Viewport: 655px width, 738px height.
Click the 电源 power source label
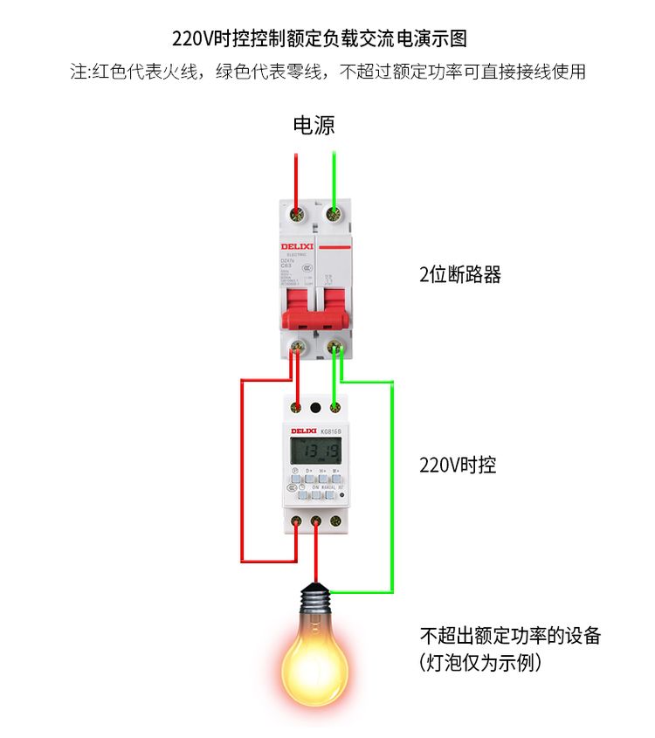coord(314,126)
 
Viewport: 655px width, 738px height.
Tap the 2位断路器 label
coord(460,275)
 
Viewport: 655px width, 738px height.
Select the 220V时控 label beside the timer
coord(458,466)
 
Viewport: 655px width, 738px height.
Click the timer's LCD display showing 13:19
coord(314,452)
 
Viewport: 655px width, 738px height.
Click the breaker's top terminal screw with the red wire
coord(298,213)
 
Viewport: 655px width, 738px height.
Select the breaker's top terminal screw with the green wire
coord(333,213)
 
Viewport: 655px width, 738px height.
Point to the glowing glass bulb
coord(314,660)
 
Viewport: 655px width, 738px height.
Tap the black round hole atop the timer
coord(315,407)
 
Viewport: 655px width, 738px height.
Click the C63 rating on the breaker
coord(286,265)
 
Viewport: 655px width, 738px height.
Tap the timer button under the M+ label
coord(336,479)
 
